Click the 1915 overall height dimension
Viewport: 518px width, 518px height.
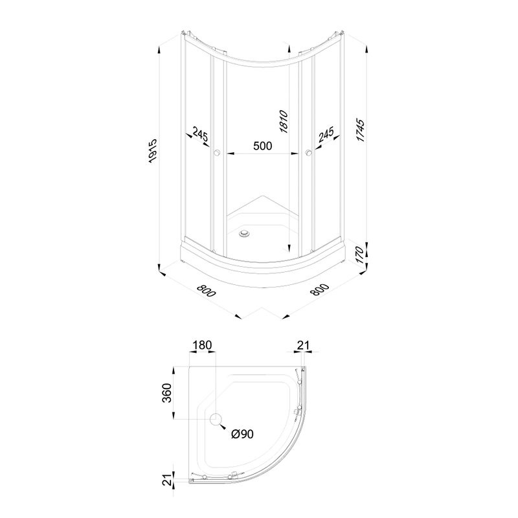(152, 151)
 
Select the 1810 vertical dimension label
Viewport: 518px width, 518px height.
(284, 122)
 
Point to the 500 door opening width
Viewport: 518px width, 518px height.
(263, 145)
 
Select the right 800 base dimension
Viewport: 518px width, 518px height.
(320, 289)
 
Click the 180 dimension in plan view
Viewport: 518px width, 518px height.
(202, 345)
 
